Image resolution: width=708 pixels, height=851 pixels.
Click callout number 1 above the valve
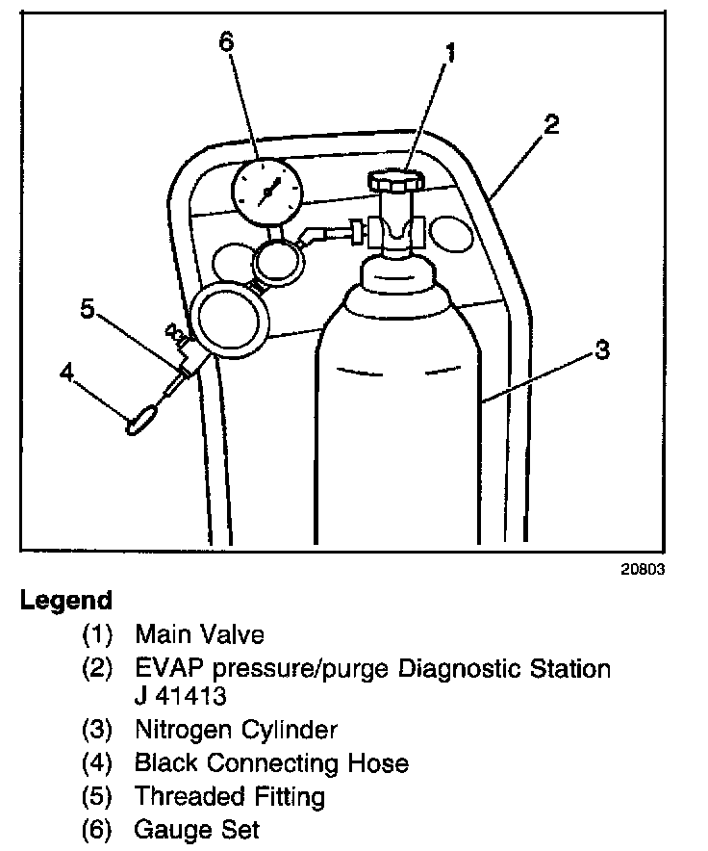pos(448,52)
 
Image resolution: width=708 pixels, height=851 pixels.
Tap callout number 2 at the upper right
pos(550,124)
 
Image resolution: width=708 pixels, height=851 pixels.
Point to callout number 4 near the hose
pos(66,372)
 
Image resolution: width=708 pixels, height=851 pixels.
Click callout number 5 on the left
pos(88,308)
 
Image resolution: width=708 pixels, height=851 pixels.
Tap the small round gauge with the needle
pos(267,191)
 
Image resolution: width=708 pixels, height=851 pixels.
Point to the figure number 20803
pos(643,569)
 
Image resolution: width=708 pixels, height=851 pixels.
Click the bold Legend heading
pos(66,601)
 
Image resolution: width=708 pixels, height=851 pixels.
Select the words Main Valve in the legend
pos(199,634)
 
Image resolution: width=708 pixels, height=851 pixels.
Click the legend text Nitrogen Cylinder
pos(236,730)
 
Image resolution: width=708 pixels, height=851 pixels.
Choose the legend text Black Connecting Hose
pos(271,763)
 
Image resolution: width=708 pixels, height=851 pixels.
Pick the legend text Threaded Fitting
pos(229,796)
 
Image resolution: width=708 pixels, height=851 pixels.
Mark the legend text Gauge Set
pos(197,829)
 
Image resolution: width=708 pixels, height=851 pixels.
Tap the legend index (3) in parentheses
pos(97,730)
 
